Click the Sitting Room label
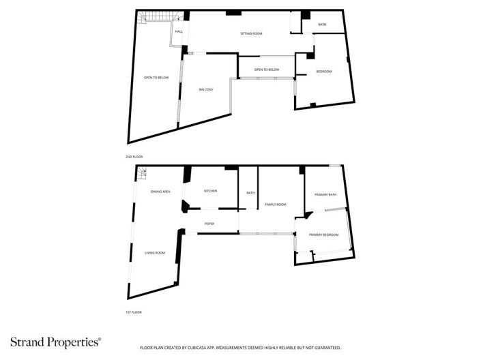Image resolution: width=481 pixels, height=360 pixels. pos(251,33)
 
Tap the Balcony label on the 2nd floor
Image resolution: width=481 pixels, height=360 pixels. pos(206,89)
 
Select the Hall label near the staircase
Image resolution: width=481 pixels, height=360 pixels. pos(179,31)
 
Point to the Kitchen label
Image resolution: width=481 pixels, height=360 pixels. pos(210,191)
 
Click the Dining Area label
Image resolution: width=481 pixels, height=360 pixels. pos(160,192)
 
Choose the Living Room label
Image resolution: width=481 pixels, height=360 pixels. pos(155,253)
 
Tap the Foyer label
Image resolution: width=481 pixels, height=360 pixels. pos(209,224)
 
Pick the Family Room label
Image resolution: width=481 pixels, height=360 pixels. pos(276,205)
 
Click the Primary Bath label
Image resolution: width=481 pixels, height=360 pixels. pos(325,195)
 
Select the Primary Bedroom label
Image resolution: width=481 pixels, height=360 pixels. pos(324,235)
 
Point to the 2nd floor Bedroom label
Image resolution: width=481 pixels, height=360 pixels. pos(324,72)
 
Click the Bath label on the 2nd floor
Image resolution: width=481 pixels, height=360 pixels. pos(322,25)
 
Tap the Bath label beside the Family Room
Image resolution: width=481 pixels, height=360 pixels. pos(250,193)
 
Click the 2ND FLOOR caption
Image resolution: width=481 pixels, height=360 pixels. pos(134,157)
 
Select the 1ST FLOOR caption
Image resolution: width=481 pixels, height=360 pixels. pos(134,312)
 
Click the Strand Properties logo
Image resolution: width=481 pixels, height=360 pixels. pos(56,342)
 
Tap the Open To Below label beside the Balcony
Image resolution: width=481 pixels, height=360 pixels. pos(156,78)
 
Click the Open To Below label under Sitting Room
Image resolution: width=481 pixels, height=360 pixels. pos(267,70)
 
